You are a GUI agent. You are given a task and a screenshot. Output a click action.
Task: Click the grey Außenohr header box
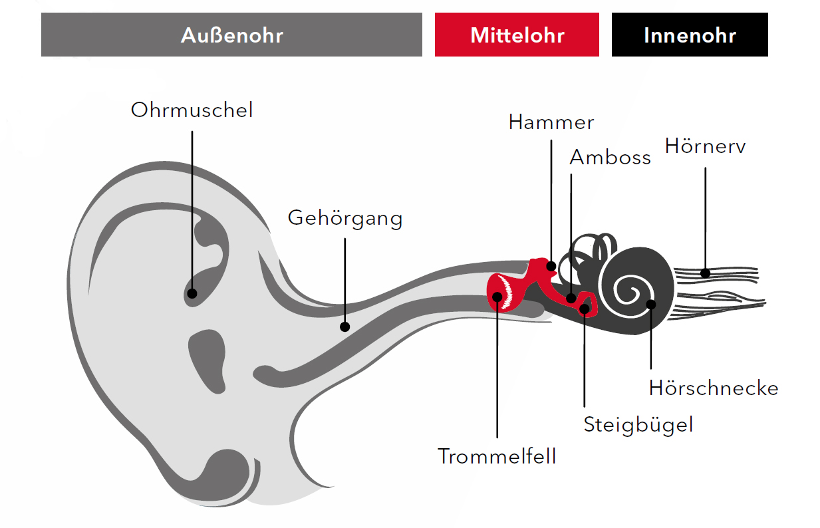231,35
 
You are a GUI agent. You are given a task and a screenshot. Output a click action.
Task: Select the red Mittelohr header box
517,35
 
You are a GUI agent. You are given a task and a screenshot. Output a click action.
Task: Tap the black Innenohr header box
690,35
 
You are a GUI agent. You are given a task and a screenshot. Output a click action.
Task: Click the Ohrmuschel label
192,110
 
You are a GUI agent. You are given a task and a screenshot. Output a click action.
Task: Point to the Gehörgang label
345,219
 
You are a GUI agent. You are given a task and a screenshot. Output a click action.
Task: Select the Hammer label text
551,122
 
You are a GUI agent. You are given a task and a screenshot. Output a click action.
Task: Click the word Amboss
611,158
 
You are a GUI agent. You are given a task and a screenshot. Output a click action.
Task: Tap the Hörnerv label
705,146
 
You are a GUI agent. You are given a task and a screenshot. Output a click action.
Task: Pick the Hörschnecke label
714,388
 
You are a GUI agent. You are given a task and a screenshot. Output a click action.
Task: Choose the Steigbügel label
638,426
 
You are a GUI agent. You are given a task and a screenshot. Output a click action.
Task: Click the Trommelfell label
497,456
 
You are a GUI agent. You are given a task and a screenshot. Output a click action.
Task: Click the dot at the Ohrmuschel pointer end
192,293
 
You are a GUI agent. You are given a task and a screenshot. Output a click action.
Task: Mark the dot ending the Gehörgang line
345,327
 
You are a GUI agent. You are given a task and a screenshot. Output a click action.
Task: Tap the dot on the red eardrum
497,297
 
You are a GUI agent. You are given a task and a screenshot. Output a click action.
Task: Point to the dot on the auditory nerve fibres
706,273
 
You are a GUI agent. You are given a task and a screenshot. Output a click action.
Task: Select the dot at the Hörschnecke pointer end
651,304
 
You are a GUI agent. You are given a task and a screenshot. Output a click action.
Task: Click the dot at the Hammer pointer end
551,266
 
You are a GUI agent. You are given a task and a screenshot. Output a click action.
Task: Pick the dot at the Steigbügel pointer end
585,309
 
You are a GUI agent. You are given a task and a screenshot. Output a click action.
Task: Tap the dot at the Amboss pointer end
571,298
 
